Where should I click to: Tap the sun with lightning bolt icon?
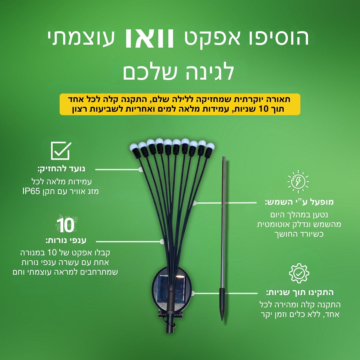(298, 182)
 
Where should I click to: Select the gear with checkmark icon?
(299, 273)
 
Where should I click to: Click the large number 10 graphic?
(66, 225)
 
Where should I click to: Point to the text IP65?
(31, 191)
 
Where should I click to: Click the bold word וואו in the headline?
(149, 39)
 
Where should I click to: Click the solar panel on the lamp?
(171, 289)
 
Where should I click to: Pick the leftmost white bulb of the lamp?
(134, 147)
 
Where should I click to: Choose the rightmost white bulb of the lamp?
(210, 146)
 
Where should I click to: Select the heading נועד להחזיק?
(61, 169)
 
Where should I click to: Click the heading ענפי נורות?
(66, 241)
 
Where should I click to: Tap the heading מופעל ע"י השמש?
(299, 202)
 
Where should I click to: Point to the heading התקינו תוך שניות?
(300, 293)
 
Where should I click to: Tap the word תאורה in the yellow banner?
(280, 99)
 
